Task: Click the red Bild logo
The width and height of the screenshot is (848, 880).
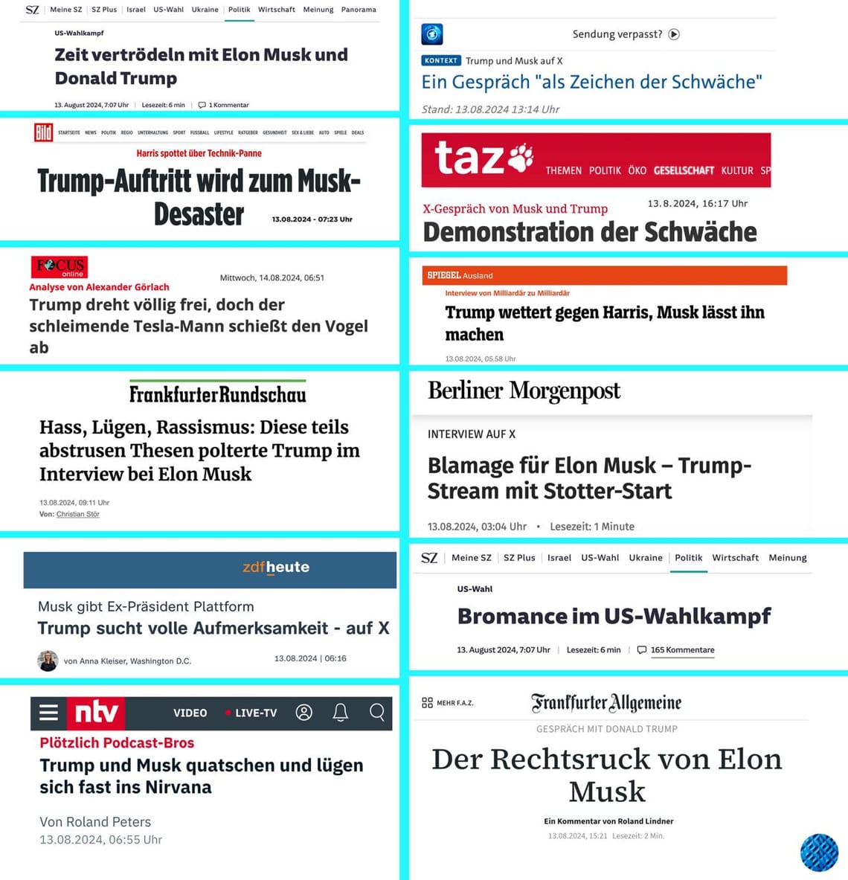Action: pos(43,132)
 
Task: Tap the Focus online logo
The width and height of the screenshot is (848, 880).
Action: pos(60,266)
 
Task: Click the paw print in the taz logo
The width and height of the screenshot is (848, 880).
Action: pos(521,157)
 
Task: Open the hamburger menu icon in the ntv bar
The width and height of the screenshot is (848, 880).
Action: pos(48,713)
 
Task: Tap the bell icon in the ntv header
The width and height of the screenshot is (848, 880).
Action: pos(340,713)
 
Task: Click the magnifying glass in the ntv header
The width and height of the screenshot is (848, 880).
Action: pos(376,713)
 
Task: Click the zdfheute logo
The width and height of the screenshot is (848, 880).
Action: pos(276,567)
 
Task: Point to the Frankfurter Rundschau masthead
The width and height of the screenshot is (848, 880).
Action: pos(217,394)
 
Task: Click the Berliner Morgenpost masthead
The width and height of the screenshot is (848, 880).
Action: pos(524,391)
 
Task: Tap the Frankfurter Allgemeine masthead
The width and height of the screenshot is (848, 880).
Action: pos(606,702)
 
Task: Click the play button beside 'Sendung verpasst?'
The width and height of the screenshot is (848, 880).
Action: pos(674,34)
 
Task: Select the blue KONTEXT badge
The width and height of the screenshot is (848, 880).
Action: pos(441,61)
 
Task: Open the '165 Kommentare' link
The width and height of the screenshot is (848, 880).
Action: pos(682,649)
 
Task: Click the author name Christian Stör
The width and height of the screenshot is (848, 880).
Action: pos(78,514)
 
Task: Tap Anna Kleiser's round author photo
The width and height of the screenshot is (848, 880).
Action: pos(48,661)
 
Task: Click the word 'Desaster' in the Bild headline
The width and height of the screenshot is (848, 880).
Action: pos(199,214)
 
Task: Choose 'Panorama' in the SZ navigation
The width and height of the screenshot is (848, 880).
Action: pos(359,10)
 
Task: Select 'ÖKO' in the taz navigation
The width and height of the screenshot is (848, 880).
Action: pos(637,170)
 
